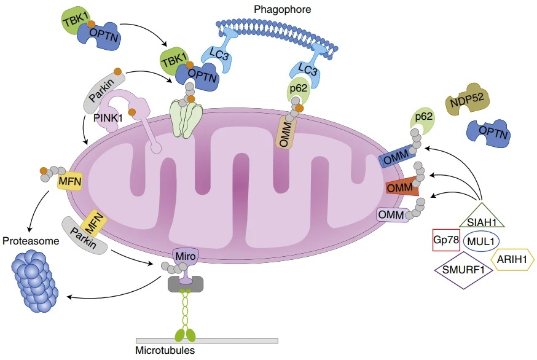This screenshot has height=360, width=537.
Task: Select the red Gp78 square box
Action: tap(446, 240)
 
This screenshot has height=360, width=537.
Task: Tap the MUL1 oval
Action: tap(481, 241)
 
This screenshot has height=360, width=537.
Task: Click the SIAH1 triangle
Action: tap(481, 218)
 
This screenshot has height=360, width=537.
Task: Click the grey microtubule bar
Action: tap(206, 340)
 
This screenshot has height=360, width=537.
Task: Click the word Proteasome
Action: tap(31, 241)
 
